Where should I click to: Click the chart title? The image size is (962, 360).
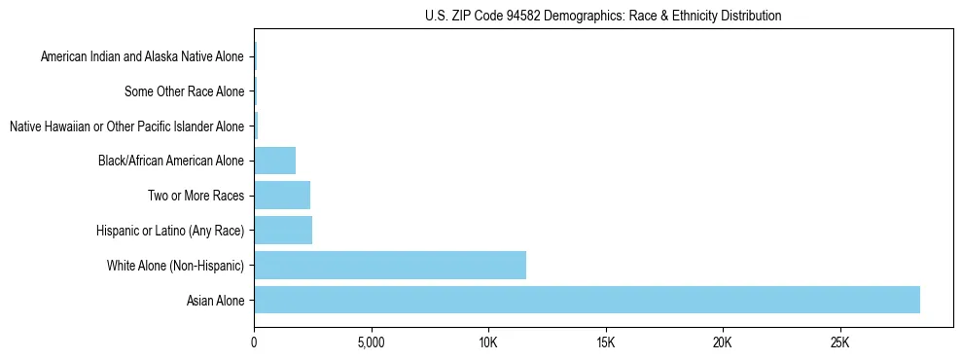(603, 16)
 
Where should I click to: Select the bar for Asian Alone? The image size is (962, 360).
(587, 300)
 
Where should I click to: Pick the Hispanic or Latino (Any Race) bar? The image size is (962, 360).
(283, 230)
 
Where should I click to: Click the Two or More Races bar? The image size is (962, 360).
(282, 195)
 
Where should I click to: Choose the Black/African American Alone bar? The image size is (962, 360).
(274, 160)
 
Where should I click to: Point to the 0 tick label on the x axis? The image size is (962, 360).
(254, 342)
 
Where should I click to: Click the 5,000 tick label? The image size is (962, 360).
(371, 342)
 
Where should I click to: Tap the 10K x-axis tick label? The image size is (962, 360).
(488, 342)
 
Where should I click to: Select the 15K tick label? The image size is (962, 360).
(605, 342)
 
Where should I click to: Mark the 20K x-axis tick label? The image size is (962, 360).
(723, 342)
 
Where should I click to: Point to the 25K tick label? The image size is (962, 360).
(839, 342)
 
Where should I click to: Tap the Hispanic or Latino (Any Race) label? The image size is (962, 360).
(170, 231)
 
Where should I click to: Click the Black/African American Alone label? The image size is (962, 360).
(171, 161)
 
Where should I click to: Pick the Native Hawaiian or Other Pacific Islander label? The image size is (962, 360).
(126, 126)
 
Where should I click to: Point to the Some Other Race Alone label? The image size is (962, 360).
(184, 91)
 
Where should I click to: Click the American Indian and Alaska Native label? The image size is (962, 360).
(142, 56)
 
